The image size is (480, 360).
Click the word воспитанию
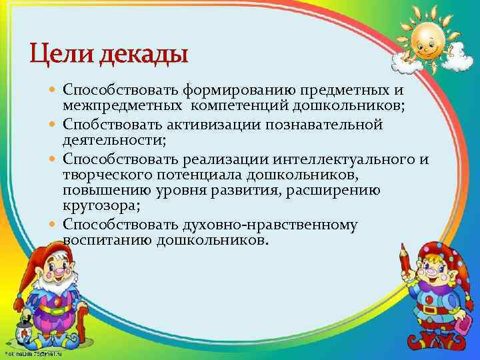(108, 240)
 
